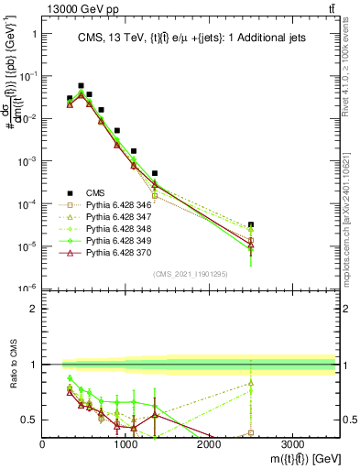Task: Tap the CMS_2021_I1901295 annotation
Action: [190, 276]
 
